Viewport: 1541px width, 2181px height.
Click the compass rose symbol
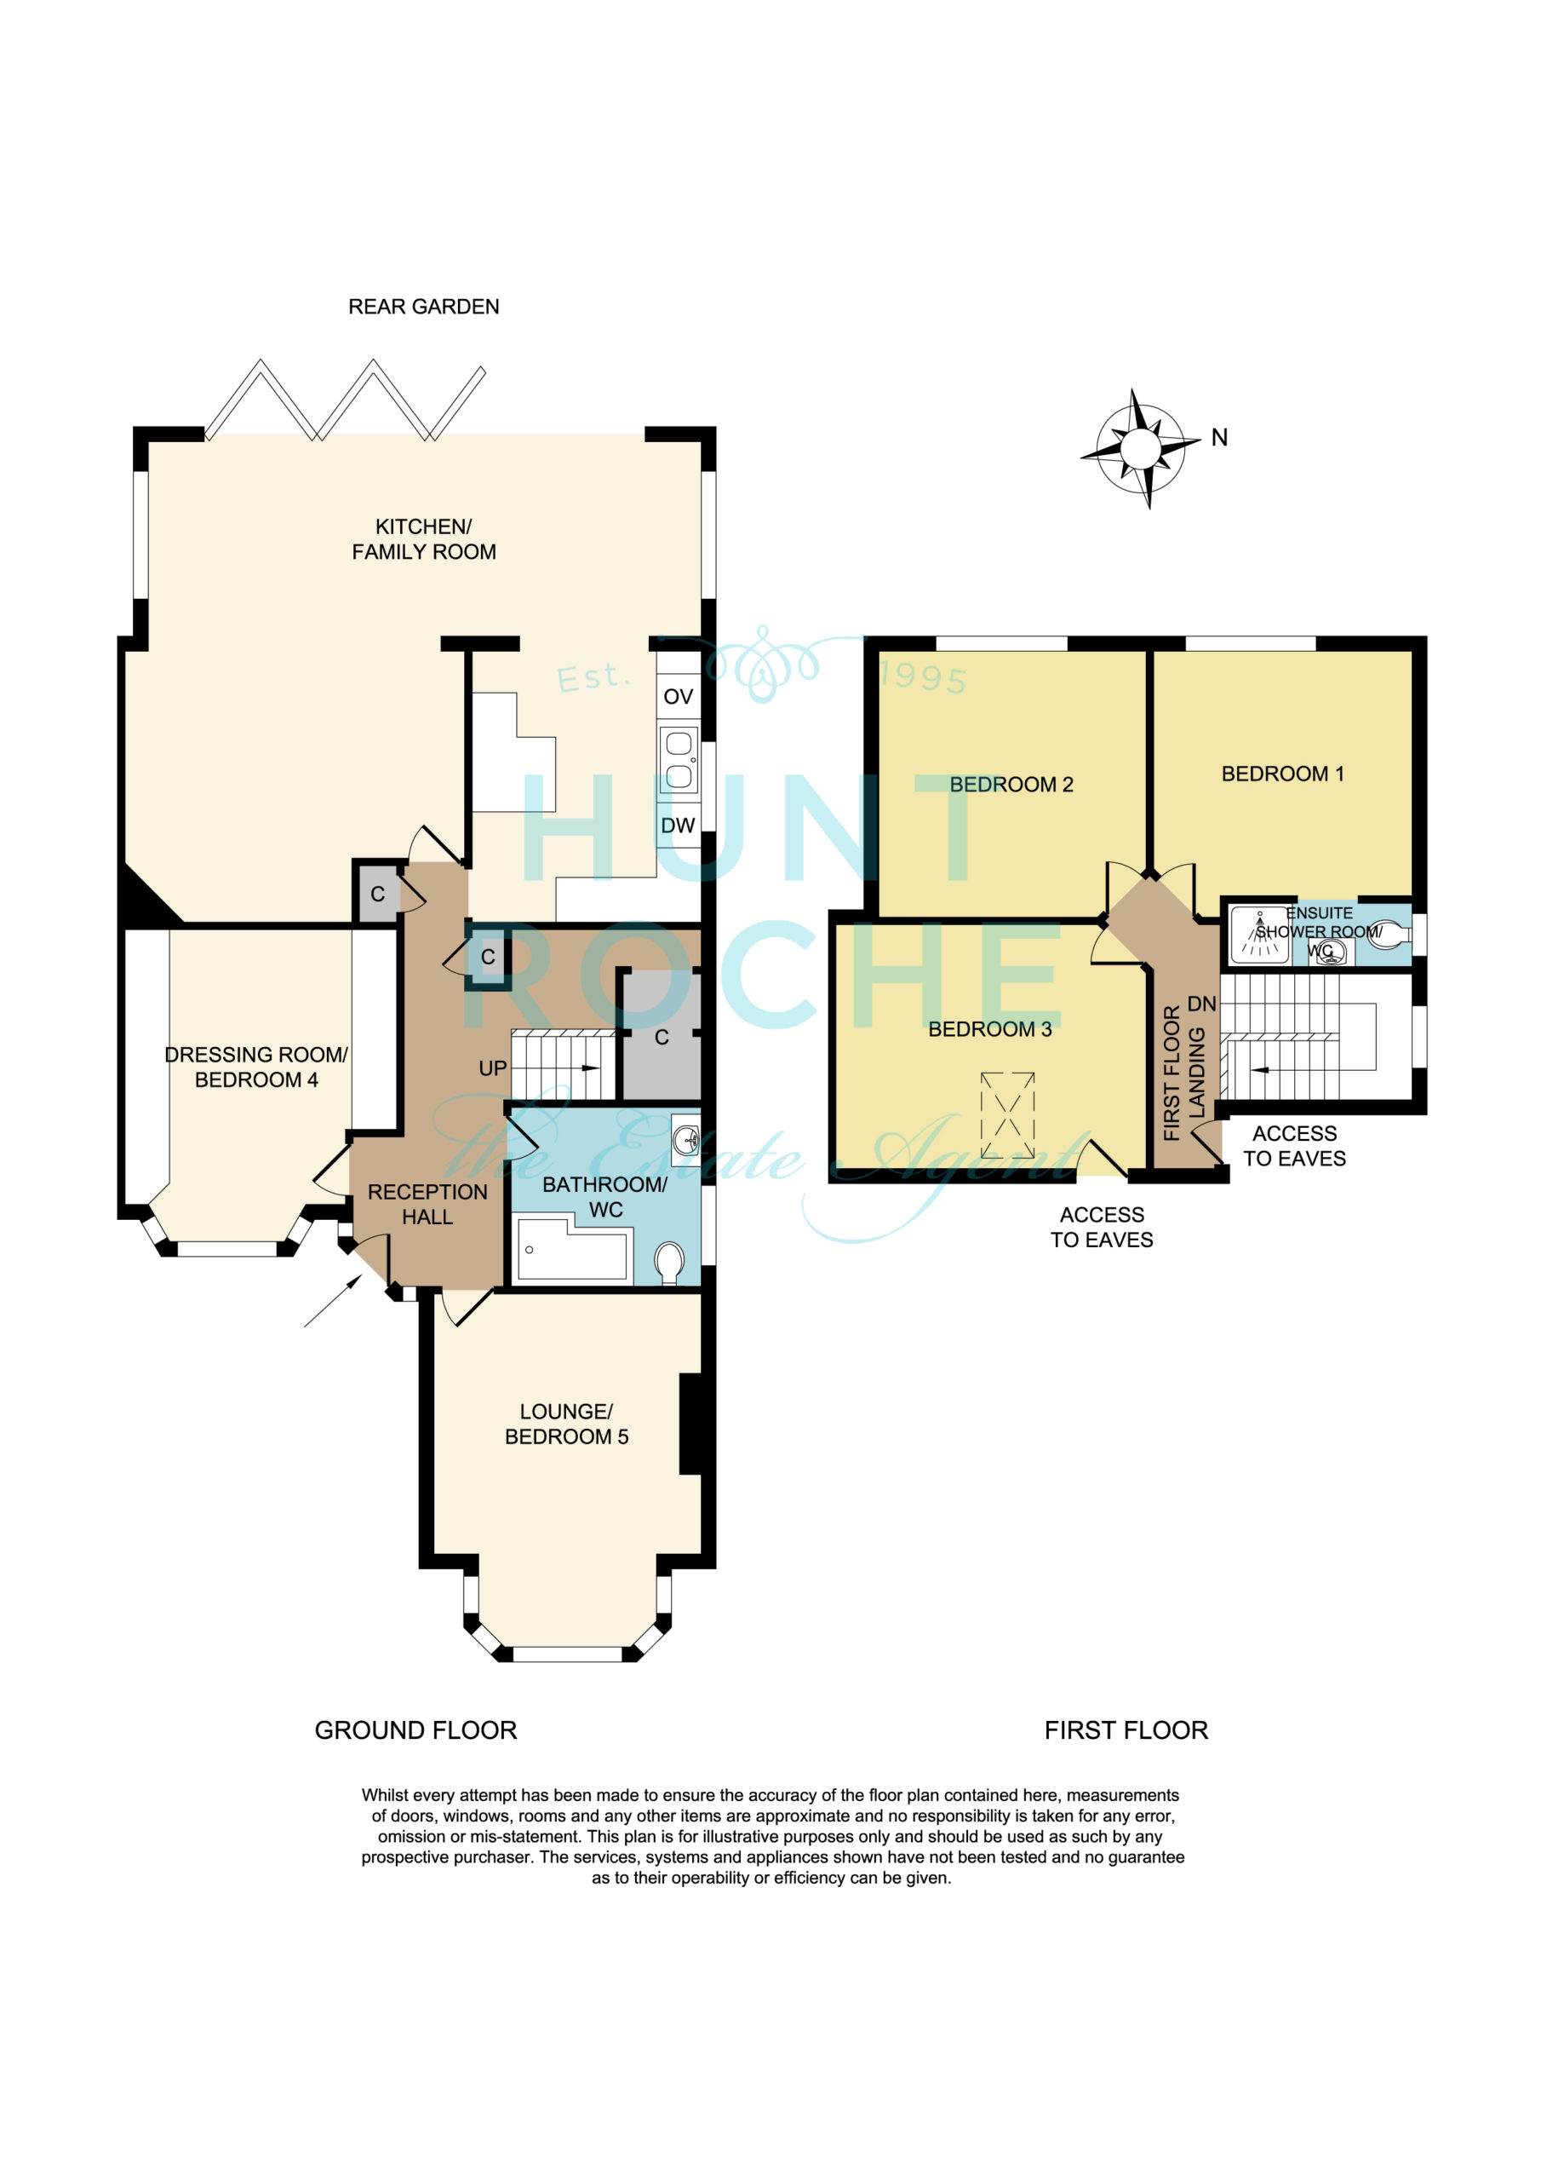click(1140, 448)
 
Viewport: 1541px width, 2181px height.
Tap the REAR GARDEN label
click(423, 307)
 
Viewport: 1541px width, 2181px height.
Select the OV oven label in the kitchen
click(678, 696)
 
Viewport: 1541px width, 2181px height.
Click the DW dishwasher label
click(678, 826)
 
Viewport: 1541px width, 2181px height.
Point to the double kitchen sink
click(679, 759)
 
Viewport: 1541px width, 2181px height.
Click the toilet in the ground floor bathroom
click(669, 1263)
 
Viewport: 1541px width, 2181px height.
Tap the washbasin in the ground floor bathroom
click(685, 1137)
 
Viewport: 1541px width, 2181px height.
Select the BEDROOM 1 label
click(1282, 774)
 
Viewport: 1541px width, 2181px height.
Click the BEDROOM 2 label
click(1011, 785)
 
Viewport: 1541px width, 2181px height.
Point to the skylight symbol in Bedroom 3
click(1007, 1114)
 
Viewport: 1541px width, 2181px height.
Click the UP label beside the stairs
click(493, 1068)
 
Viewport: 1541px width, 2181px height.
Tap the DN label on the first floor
click(1201, 1004)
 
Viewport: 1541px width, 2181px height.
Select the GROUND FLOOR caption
click(415, 1730)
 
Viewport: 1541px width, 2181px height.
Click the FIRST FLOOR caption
click(1126, 1730)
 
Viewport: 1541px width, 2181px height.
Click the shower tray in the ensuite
click(1259, 935)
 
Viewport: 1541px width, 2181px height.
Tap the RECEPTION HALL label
click(427, 1205)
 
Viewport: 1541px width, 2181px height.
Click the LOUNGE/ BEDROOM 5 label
click(566, 1424)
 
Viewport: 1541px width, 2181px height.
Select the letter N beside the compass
click(1219, 438)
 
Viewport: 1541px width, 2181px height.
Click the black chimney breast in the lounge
click(690, 1424)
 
